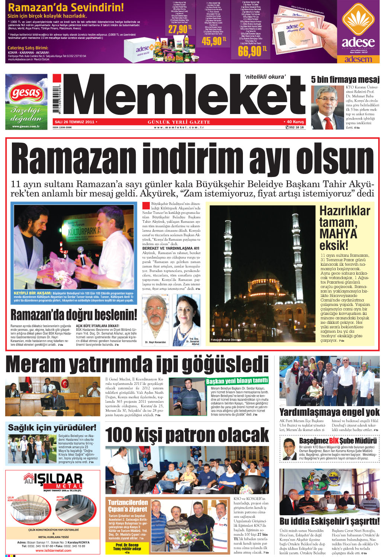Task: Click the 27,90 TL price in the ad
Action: pyautogui.click(x=180, y=29)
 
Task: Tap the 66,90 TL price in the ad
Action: pyautogui.click(x=252, y=51)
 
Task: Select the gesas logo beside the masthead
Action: pyautogui.click(x=26, y=93)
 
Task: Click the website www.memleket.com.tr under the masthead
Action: pyautogui.click(x=179, y=127)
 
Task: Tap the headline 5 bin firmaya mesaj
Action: pyautogui.click(x=345, y=79)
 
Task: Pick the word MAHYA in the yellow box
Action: pyautogui.click(x=338, y=234)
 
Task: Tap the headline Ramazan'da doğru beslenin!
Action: pyautogui.click(x=74, y=315)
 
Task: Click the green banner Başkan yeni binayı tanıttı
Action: pyautogui.click(x=237, y=381)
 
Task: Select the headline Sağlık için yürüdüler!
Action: pyautogui.click(x=52, y=427)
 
